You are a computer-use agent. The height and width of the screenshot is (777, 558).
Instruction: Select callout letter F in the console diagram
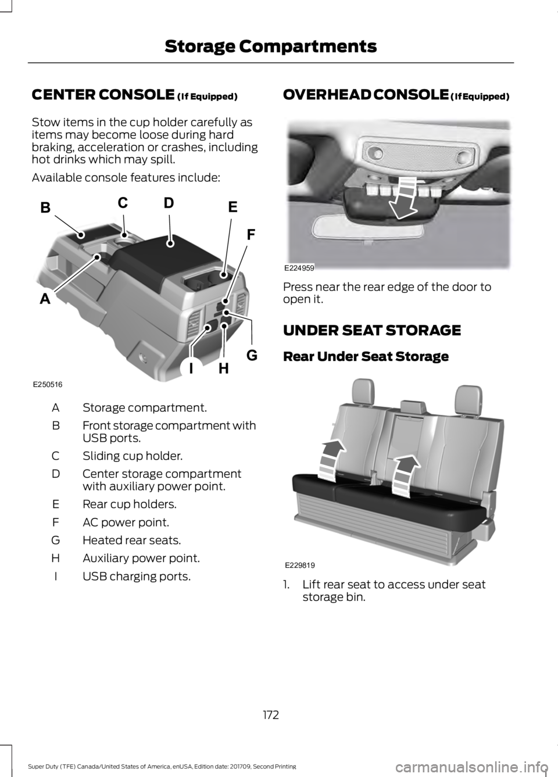tap(251, 235)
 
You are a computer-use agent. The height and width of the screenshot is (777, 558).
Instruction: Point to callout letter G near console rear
tap(251, 354)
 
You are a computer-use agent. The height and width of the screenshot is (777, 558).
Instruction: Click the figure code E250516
tap(48, 385)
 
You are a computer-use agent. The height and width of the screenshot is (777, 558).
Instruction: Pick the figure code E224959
tap(299, 268)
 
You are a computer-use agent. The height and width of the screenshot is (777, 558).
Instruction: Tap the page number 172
tap(270, 714)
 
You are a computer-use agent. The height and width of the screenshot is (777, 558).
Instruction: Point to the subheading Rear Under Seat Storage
tap(366, 356)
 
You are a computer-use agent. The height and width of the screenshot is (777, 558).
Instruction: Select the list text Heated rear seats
tap(131, 540)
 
